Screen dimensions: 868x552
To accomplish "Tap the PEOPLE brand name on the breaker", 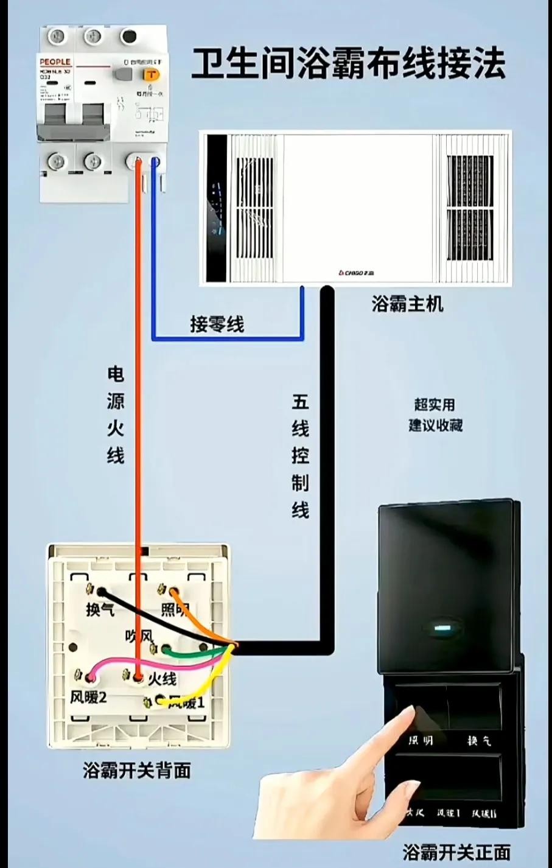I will [55, 62].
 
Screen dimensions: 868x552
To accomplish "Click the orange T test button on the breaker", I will [150, 74].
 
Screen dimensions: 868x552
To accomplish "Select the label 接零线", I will [217, 324].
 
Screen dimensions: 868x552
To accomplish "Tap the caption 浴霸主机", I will [407, 304].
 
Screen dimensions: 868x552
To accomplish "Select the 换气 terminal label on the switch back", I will [100, 609].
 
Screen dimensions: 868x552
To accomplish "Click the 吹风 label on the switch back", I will [138, 636].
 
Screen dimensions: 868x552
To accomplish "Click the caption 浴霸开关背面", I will [137, 771].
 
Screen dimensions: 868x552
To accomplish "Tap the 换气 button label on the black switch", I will [479, 741].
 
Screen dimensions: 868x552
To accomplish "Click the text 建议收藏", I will [435, 425].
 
